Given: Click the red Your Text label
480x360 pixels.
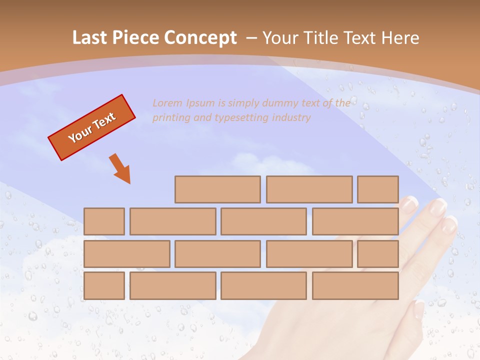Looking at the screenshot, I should (x=92, y=127).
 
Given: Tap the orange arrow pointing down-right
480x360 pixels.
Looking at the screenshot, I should (x=121, y=169).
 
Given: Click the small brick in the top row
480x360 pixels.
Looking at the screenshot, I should (x=378, y=189).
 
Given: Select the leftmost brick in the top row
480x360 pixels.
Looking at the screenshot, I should (x=217, y=189).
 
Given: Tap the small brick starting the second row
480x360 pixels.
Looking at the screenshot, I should (x=104, y=221).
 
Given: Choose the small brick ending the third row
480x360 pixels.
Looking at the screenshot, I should (x=378, y=254).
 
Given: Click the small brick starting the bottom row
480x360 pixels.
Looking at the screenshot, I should (x=104, y=286).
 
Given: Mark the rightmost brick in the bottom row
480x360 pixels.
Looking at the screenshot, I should (x=355, y=286).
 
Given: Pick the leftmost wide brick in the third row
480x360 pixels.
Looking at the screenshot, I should (x=126, y=254).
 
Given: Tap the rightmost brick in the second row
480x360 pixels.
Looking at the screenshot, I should (x=355, y=221).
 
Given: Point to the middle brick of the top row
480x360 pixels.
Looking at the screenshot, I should (x=309, y=189).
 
